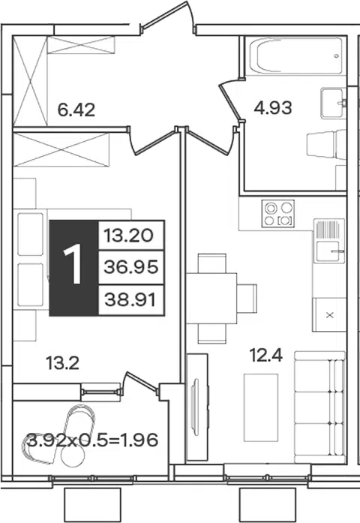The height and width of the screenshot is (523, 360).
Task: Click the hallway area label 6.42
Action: tap(76, 110)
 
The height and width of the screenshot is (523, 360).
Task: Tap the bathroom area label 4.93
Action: tap(273, 108)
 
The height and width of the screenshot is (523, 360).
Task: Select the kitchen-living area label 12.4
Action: tap(266, 355)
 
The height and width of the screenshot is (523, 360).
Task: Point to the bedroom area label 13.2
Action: tap(63, 363)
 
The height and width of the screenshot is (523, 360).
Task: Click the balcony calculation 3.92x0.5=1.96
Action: tap(92, 440)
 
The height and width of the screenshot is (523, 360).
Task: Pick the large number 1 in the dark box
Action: tap(73, 263)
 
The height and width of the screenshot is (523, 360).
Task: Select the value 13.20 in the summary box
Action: tap(129, 236)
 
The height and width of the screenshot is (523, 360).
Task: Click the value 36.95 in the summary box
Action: tap(130, 267)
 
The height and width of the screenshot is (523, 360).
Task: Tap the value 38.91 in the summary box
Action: tap(130, 300)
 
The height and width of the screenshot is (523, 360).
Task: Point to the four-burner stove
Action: tap(278, 213)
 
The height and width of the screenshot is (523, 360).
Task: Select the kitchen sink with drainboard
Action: tap(329, 240)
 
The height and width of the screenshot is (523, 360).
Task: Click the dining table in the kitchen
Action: tap(211, 299)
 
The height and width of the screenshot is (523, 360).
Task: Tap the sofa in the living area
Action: tap(319, 407)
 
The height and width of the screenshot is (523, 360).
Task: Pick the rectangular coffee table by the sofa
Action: tap(261, 407)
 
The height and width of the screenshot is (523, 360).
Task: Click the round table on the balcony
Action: tap(73, 455)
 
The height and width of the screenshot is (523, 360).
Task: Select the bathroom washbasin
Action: tap(333, 103)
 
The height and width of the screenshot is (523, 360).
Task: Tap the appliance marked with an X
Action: tap(329, 314)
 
